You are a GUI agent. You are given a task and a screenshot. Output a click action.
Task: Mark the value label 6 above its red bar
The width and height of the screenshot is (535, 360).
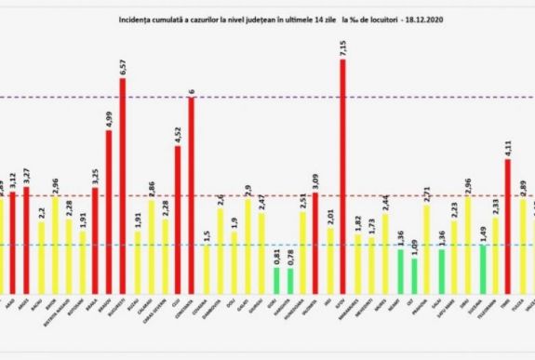192,91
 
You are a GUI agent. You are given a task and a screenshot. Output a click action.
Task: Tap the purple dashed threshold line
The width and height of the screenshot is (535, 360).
279,97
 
